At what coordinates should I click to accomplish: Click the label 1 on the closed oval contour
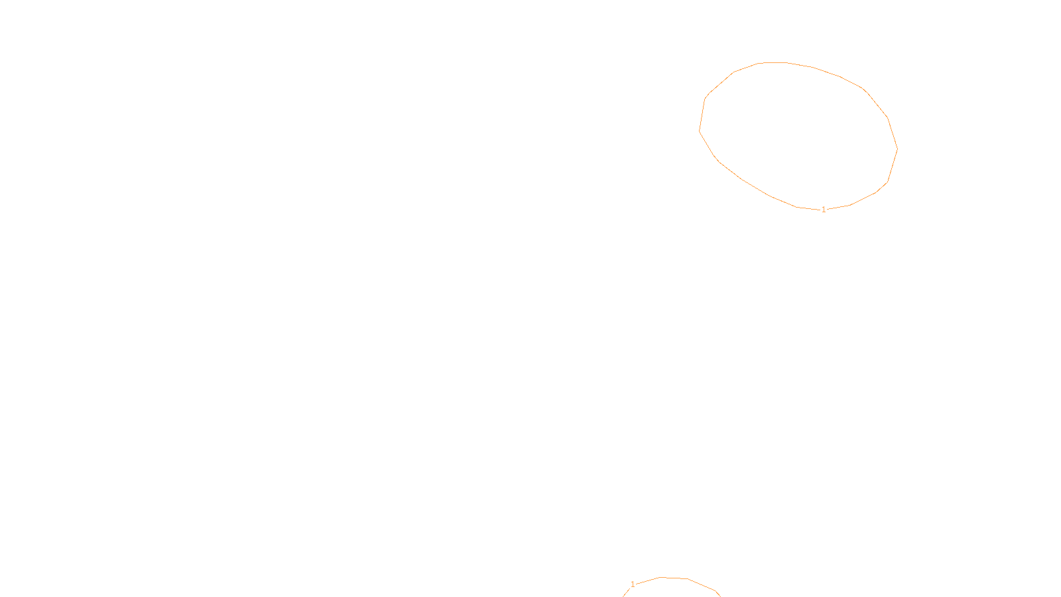(x=824, y=210)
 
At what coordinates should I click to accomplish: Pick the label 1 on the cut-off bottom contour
(x=633, y=584)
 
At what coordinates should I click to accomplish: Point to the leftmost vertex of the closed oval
(x=700, y=131)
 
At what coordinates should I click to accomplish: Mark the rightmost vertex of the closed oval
(x=897, y=149)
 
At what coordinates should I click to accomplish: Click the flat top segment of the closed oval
(x=773, y=62)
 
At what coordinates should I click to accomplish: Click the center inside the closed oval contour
(x=798, y=136)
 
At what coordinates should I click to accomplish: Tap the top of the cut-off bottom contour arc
(x=673, y=578)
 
